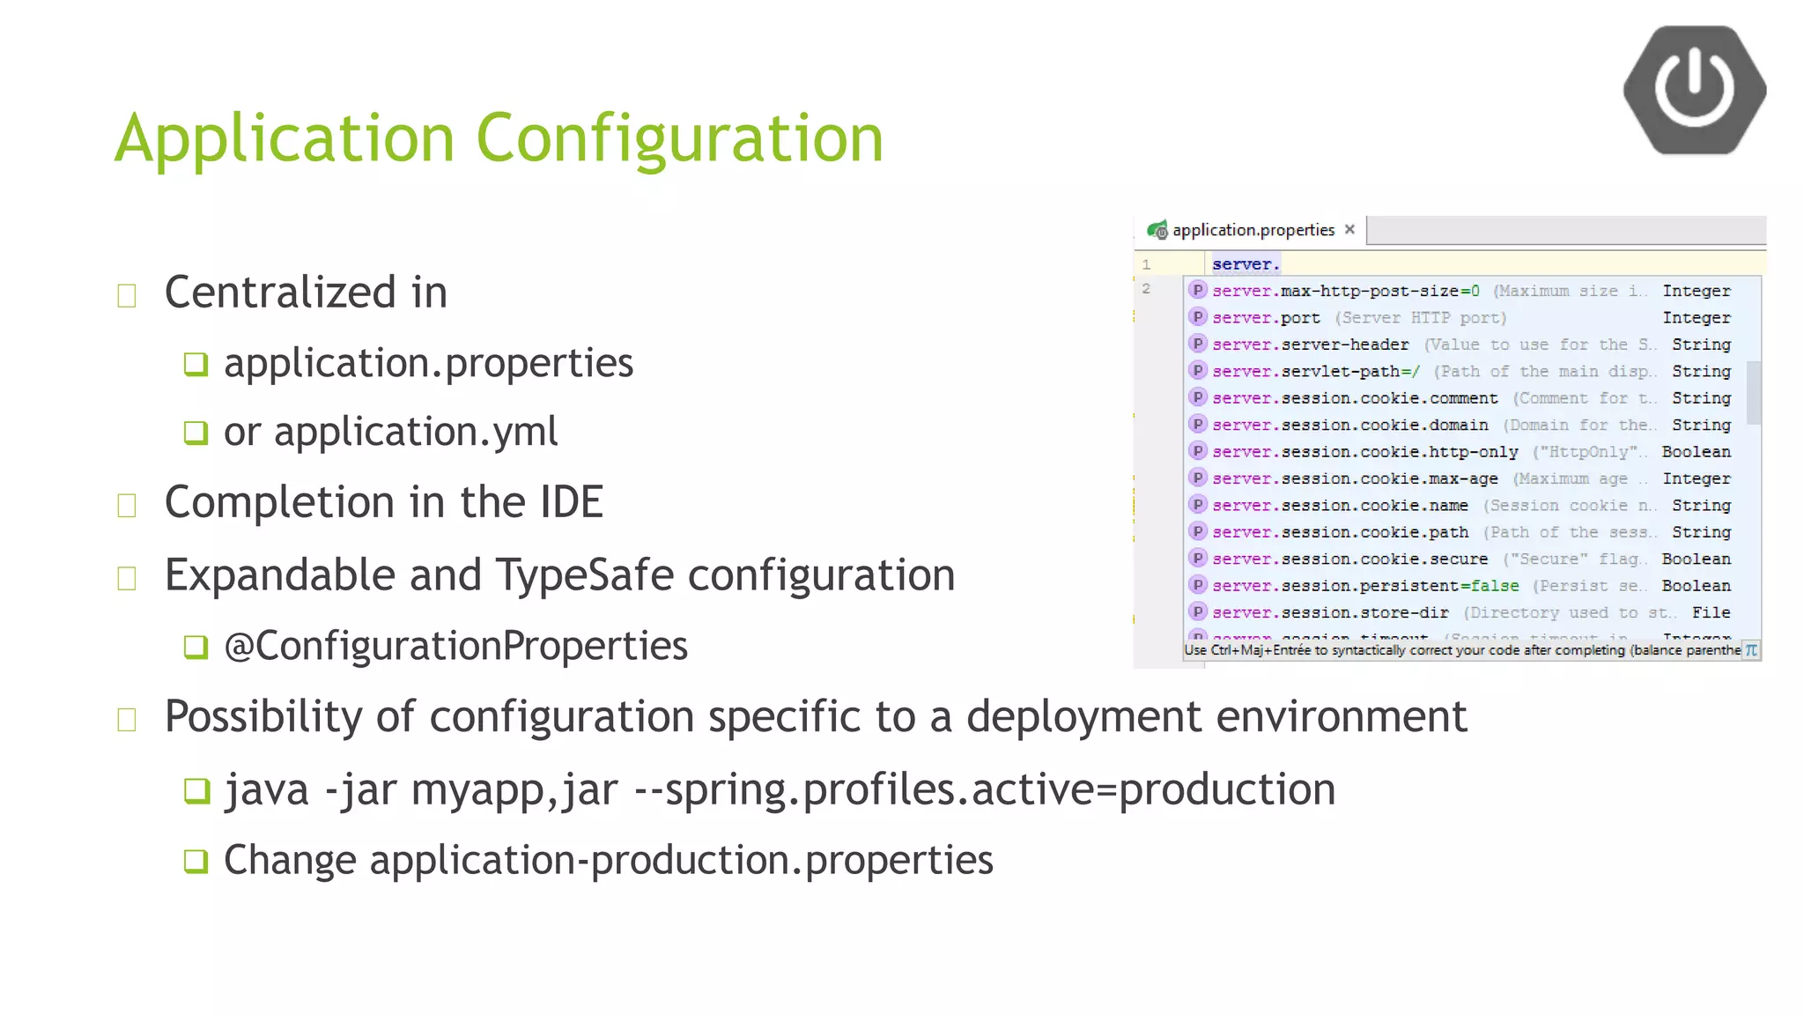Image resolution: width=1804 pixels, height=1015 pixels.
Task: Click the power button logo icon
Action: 1694,89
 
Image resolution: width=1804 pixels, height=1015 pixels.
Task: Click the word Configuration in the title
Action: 679,138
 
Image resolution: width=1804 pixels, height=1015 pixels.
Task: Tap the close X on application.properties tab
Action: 1349,229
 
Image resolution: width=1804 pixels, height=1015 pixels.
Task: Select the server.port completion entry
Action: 1266,318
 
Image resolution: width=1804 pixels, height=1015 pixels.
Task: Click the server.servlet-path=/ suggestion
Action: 1316,372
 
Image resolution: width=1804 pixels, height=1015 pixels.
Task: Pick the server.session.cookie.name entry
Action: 1340,506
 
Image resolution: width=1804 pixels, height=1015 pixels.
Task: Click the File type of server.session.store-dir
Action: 1711,612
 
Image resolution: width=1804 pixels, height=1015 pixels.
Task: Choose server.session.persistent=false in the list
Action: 1365,586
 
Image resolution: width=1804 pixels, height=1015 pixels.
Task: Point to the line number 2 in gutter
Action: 1146,289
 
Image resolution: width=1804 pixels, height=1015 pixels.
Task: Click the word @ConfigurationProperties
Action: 455,646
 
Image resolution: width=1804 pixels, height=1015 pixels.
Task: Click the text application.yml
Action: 416,432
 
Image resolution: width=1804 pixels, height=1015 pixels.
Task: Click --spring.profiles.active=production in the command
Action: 984,789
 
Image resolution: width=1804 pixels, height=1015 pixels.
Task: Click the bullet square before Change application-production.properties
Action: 196,861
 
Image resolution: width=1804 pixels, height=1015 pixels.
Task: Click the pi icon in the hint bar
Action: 1751,650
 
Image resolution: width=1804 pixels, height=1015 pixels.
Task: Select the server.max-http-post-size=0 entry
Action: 1345,292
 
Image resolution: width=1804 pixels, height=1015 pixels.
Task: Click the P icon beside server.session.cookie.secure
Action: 1197,559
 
